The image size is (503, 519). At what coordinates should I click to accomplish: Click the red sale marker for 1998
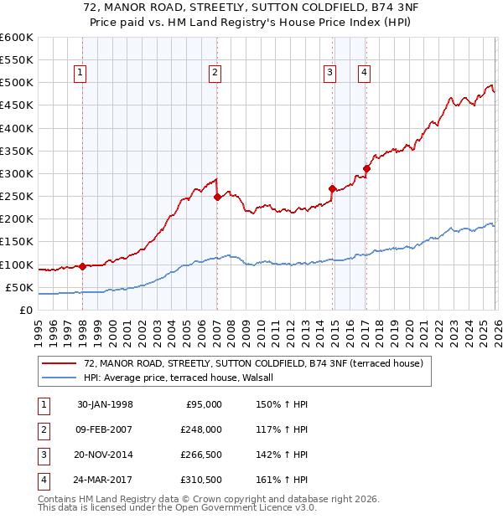(x=82, y=267)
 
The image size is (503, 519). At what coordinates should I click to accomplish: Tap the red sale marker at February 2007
(x=217, y=198)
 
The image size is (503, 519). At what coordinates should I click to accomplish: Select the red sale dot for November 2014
(x=333, y=189)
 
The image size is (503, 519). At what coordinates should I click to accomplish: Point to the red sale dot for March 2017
(x=366, y=169)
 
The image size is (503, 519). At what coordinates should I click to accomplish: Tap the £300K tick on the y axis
(x=17, y=174)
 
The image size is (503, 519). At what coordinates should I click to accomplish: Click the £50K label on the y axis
(x=19, y=288)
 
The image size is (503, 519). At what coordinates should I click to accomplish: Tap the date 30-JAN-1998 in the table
(x=105, y=404)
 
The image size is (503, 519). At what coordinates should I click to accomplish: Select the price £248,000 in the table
(x=200, y=429)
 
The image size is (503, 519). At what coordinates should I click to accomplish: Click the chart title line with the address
(x=251, y=9)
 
